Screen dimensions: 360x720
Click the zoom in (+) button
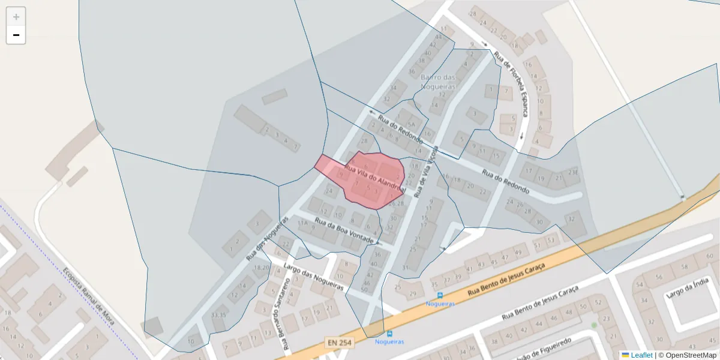click(x=16, y=17)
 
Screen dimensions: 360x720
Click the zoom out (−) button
click(x=16, y=35)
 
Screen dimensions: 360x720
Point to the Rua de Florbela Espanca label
click(x=511, y=84)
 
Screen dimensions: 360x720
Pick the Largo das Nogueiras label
click(x=313, y=277)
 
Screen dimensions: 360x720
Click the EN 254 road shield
click(x=339, y=343)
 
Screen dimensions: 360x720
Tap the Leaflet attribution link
click(x=641, y=355)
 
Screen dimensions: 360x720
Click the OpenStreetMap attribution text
click(x=687, y=355)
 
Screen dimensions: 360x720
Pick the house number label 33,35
click(x=219, y=314)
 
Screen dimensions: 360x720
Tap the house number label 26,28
click(x=396, y=204)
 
